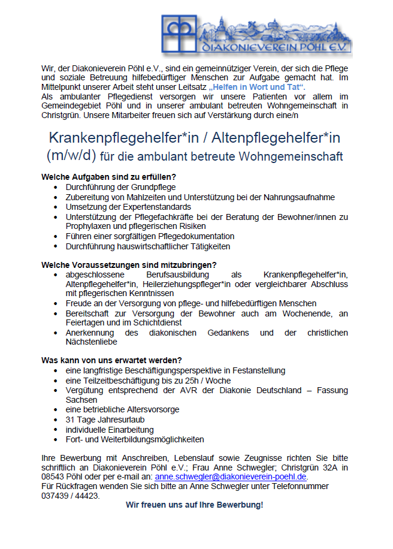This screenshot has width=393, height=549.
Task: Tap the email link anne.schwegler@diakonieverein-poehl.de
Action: [231, 477]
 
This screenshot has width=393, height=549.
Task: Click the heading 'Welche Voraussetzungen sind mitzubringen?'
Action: [129, 265]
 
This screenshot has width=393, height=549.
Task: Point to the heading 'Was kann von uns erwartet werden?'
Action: [111, 361]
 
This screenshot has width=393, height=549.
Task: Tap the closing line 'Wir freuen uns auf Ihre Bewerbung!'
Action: [194, 505]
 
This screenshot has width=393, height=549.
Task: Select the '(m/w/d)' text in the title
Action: [72, 156]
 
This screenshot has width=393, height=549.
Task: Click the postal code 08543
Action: [53, 477]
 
